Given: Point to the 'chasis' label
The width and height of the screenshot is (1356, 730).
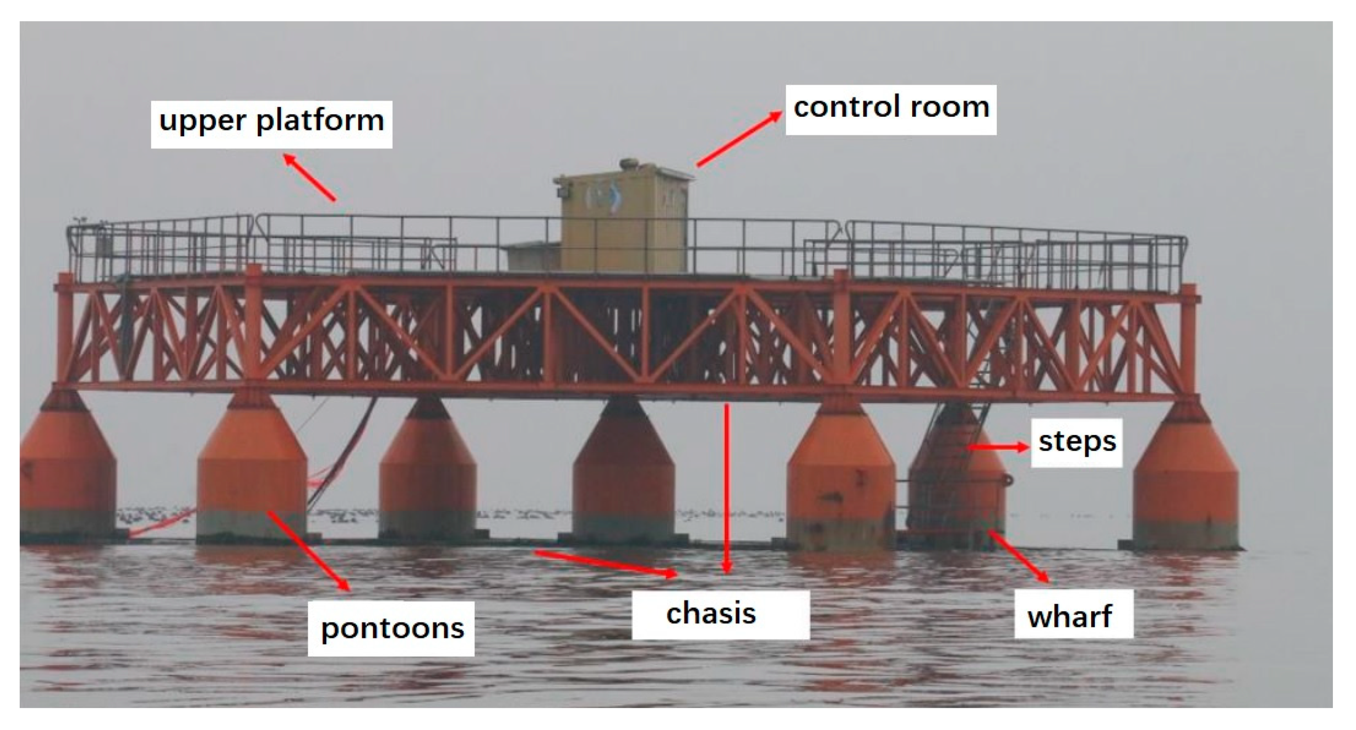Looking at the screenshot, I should (x=712, y=614).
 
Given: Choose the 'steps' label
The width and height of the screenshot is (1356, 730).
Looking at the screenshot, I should (x=1076, y=442).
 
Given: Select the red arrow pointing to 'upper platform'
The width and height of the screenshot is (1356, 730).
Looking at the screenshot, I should (x=310, y=177).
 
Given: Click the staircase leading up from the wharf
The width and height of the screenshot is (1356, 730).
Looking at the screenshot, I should (x=953, y=453).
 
